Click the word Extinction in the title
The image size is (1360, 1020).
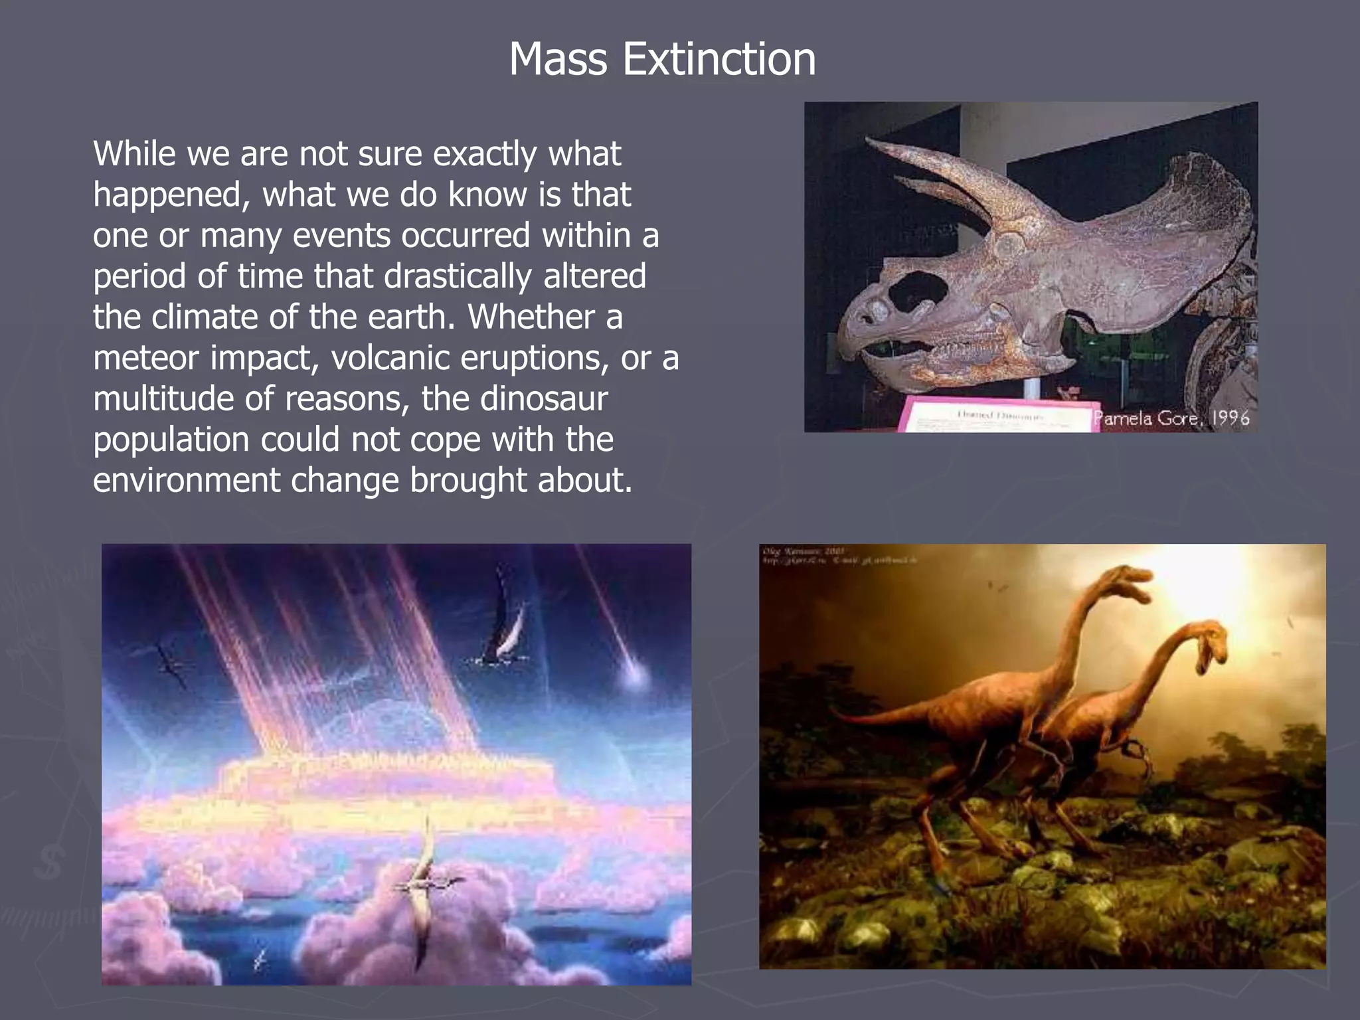(719, 60)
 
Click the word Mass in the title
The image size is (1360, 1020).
(558, 60)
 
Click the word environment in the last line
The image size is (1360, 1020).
(186, 481)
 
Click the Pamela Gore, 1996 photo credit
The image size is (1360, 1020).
(1171, 418)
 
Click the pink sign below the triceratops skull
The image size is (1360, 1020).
(996, 414)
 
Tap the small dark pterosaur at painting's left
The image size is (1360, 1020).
(171, 661)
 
